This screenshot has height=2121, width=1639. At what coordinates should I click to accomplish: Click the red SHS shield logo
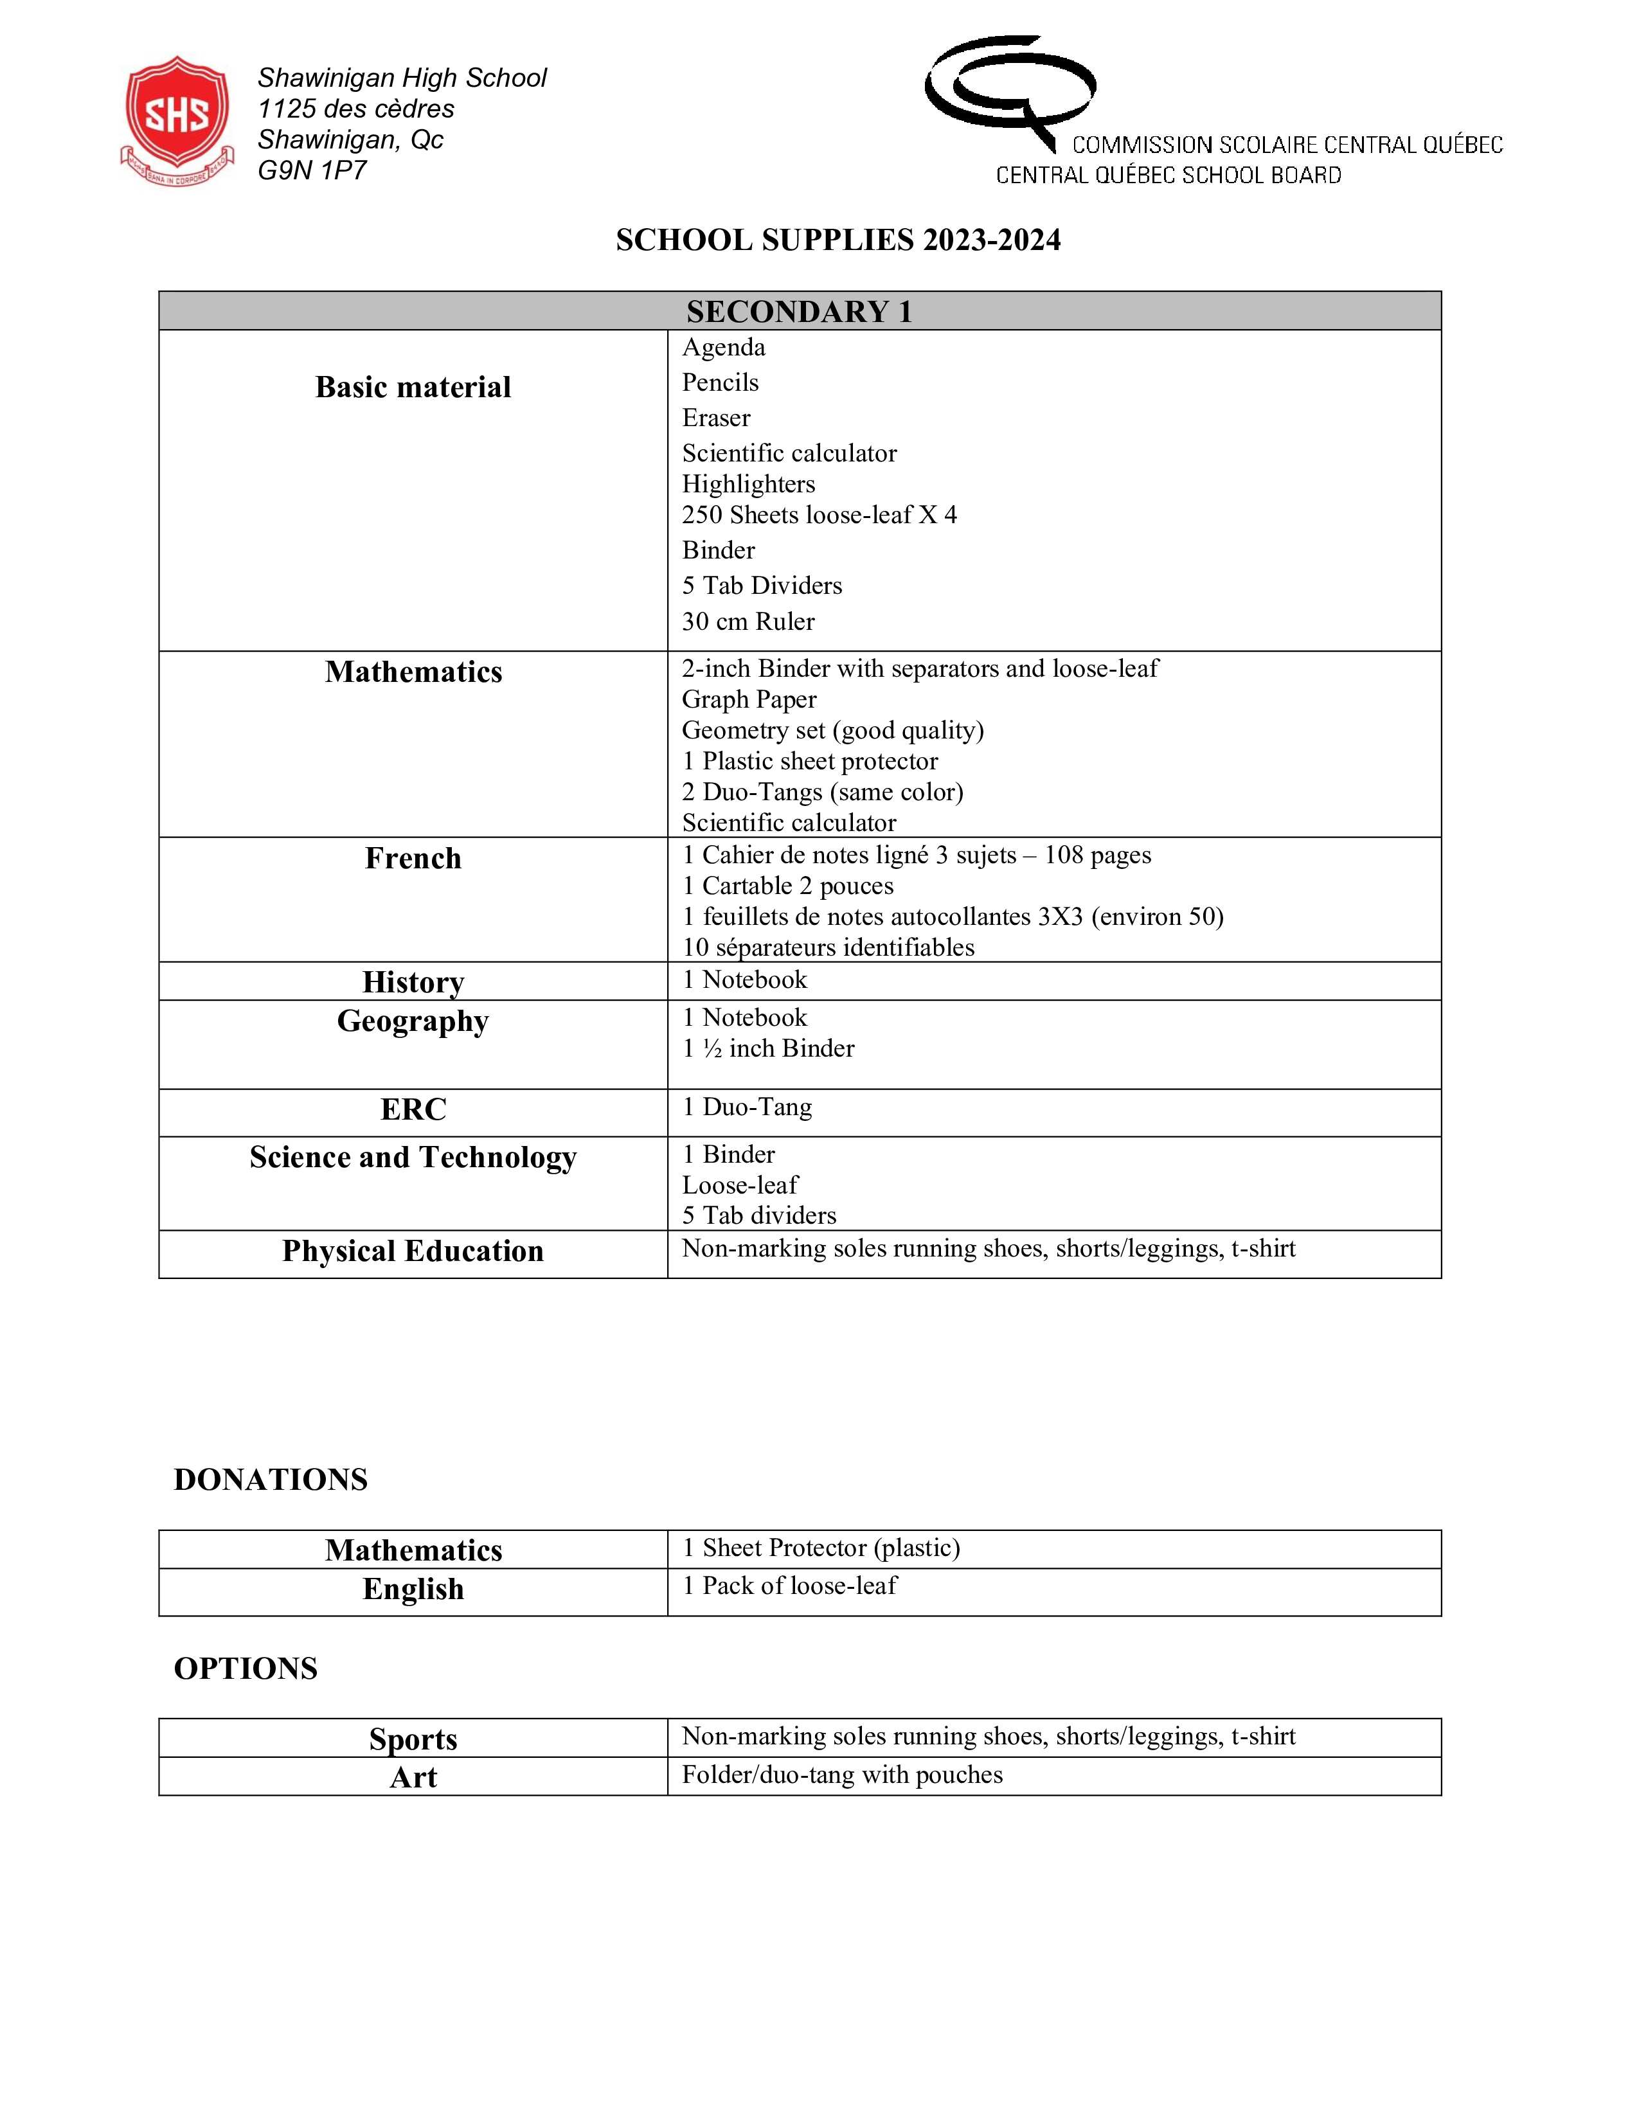(177, 118)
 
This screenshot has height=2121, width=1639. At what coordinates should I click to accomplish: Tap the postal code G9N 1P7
(312, 171)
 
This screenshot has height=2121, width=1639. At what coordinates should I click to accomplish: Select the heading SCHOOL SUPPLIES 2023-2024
(838, 240)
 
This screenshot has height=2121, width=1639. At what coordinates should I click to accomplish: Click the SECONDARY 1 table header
(799, 312)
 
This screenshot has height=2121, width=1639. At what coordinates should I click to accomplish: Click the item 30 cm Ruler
(748, 622)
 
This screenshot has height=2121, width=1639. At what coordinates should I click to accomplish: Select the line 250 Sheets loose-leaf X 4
(818, 515)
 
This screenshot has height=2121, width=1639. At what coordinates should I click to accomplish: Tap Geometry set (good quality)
(832, 730)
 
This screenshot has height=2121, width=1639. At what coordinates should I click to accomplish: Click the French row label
(413, 859)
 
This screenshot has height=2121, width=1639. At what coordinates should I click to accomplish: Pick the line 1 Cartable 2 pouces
(787, 886)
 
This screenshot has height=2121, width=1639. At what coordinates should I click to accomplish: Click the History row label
(413, 982)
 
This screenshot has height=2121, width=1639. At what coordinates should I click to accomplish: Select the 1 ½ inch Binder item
(768, 1049)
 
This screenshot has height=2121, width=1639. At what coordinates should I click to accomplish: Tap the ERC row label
(413, 1109)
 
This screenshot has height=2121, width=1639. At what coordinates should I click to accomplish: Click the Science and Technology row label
(413, 1158)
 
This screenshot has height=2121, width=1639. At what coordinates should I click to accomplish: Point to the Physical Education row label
(413, 1251)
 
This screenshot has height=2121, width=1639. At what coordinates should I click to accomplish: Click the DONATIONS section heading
(270, 1480)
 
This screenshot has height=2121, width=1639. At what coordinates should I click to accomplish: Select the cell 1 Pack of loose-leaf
(789, 1586)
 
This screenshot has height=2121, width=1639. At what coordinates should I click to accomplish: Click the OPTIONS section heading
(246, 1669)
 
